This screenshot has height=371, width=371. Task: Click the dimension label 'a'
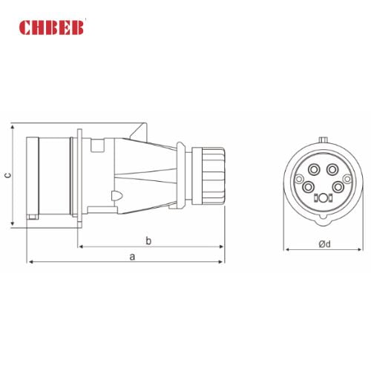pos(132,256)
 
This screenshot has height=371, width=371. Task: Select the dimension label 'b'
pos(148,240)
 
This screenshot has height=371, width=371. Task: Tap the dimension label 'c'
pos(7,175)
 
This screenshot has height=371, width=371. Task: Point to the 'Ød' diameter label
pos(324,243)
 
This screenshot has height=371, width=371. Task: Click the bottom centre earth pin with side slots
pos(323,198)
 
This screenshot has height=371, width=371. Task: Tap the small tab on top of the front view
pos(323,139)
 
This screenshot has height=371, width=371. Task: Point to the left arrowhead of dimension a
pos(30,262)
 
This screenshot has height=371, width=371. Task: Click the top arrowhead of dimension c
pos(13,128)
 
